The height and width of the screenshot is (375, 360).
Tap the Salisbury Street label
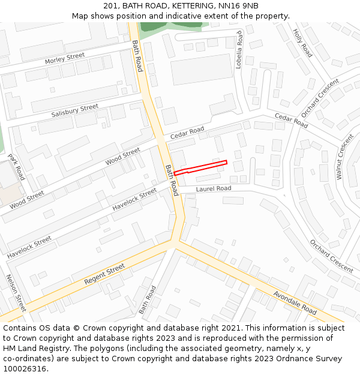pyautogui.click(x=74, y=110)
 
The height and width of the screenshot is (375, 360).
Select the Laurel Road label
pyautogui.click(x=213, y=188)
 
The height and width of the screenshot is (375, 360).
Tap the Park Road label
pyautogui.click(x=16, y=167)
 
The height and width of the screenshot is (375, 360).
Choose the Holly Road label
pyautogui.click(x=302, y=43)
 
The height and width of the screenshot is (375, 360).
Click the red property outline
pyautogui.click(x=200, y=167)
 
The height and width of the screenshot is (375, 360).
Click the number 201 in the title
pyautogui.click(x=119, y=5)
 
